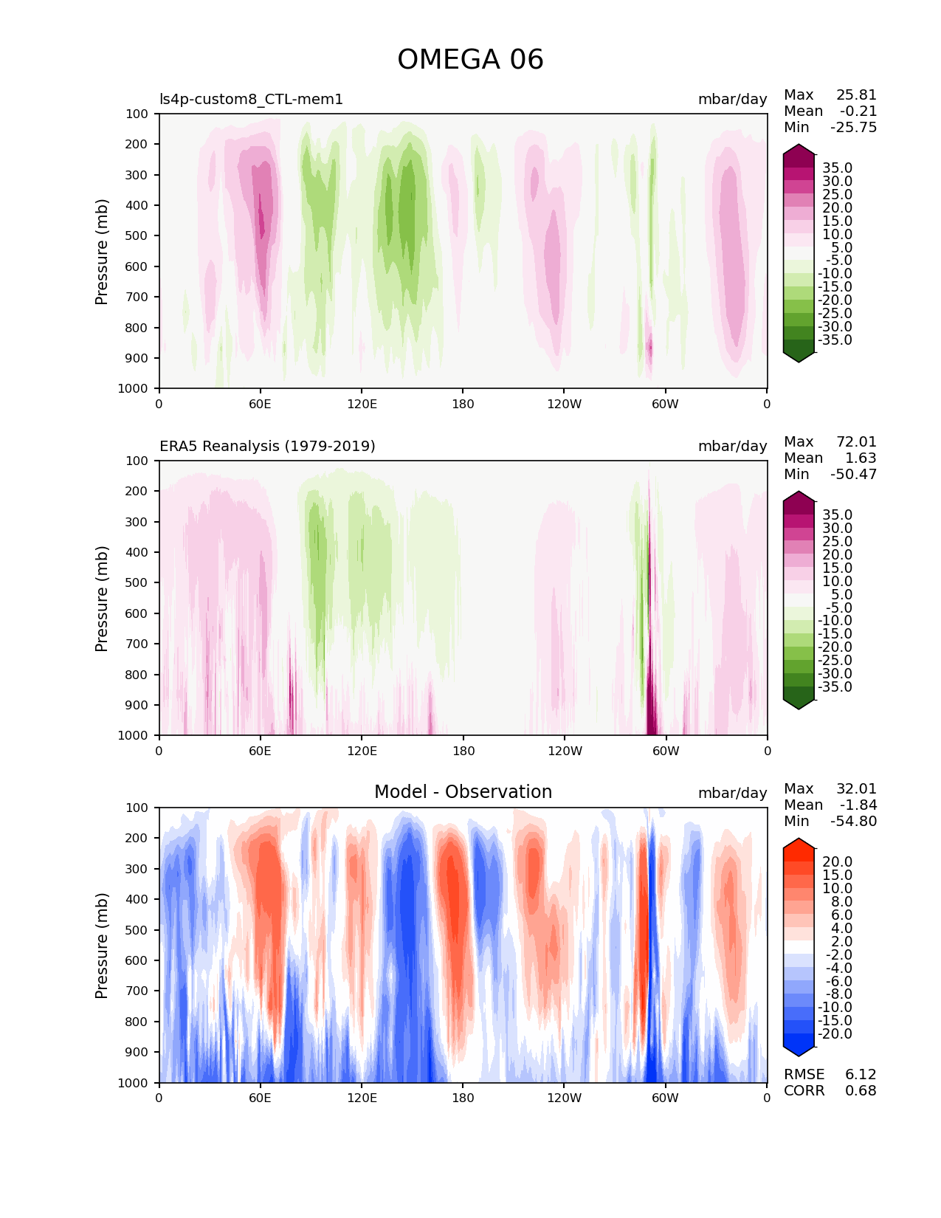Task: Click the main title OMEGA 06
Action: click(470, 60)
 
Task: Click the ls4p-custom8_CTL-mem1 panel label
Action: click(251, 99)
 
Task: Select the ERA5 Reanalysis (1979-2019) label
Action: click(267, 446)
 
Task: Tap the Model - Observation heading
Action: click(463, 792)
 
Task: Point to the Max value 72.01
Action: click(856, 442)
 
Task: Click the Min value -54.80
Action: click(853, 822)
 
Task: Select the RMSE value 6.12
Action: click(861, 1075)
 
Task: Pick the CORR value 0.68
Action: click(861, 1091)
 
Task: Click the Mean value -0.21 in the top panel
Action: click(858, 111)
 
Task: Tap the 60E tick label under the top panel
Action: click(260, 404)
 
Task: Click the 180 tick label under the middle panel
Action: click(463, 751)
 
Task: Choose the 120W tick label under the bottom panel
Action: click(564, 1098)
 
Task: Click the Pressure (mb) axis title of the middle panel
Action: click(102, 599)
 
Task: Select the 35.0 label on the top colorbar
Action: click(837, 168)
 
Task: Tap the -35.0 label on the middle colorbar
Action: click(835, 687)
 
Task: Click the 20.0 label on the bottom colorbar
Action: click(837, 862)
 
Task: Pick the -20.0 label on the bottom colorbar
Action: click(835, 1034)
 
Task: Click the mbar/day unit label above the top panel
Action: click(732, 99)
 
